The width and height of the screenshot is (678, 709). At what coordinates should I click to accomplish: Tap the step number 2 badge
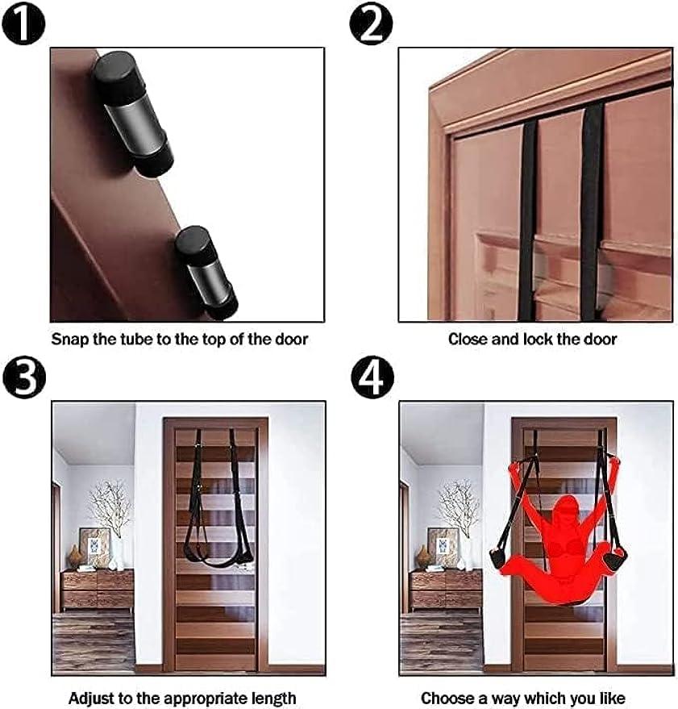coord(371,23)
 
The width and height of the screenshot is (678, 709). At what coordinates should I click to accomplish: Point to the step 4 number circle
coord(371,377)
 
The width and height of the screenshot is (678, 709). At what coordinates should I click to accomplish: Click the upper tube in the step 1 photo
coord(134,114)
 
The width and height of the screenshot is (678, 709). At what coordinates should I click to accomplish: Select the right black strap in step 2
coord(591,210)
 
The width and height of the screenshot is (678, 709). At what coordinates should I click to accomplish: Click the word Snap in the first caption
coord(69,340)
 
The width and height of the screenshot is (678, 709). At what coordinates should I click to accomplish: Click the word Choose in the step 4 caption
coord(446,698)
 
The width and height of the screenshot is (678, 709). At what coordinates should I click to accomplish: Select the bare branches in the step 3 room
coord(108,504)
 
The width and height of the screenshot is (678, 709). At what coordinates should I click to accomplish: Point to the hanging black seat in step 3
coord(214,557)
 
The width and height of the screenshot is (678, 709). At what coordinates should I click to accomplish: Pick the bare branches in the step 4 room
coord(456,504)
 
